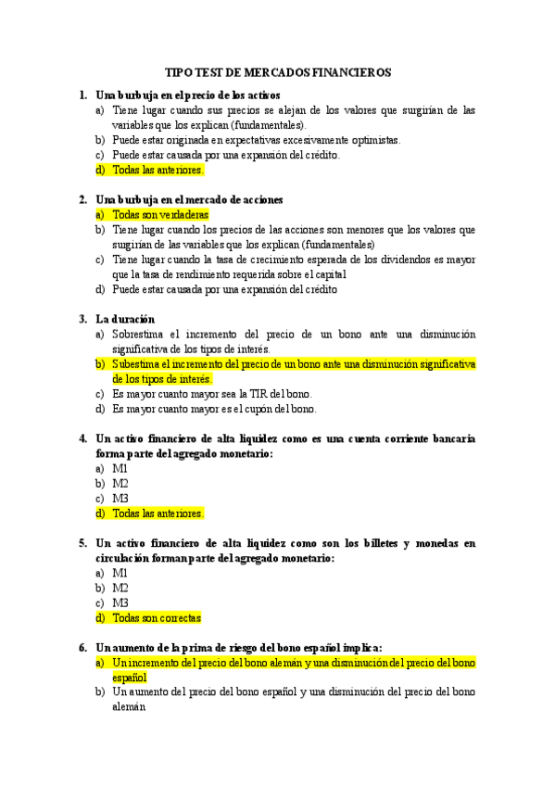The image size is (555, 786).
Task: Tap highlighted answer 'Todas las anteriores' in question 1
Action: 158,170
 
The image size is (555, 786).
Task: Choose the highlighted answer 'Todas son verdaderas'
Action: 159,214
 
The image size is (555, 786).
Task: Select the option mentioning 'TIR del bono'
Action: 212,393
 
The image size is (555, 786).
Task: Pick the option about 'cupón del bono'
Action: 214,408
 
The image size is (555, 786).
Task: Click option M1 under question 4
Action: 120,468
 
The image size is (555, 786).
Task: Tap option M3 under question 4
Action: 120,498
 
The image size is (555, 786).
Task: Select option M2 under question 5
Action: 120,588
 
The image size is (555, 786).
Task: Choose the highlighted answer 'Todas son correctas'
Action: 156,617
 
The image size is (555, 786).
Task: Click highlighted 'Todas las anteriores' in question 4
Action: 158,513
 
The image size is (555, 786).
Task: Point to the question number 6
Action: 82,647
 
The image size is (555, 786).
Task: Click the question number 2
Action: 82,199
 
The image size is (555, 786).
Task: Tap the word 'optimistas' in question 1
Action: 372,140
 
